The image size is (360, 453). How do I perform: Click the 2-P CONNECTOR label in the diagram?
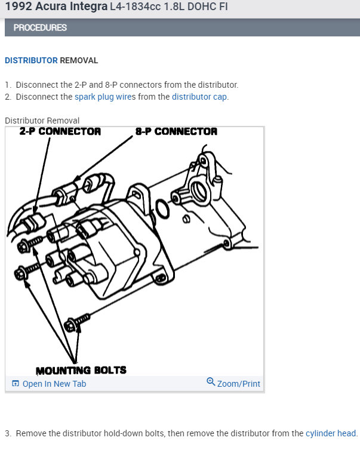60,131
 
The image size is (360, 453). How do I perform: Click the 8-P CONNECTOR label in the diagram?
176,131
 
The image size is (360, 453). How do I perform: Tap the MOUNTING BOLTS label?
81,370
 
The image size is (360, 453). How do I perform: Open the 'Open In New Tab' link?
54,384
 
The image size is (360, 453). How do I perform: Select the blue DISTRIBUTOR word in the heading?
31,60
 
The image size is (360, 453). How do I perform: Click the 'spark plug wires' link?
105,97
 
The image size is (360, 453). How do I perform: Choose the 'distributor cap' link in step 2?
200,97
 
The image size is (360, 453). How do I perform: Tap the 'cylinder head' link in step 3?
331,433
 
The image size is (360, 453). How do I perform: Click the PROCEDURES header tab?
40,27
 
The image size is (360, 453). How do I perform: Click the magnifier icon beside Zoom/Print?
211,382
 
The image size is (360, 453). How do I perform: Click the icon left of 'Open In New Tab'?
16,384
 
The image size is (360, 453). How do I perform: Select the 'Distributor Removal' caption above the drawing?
42,121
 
